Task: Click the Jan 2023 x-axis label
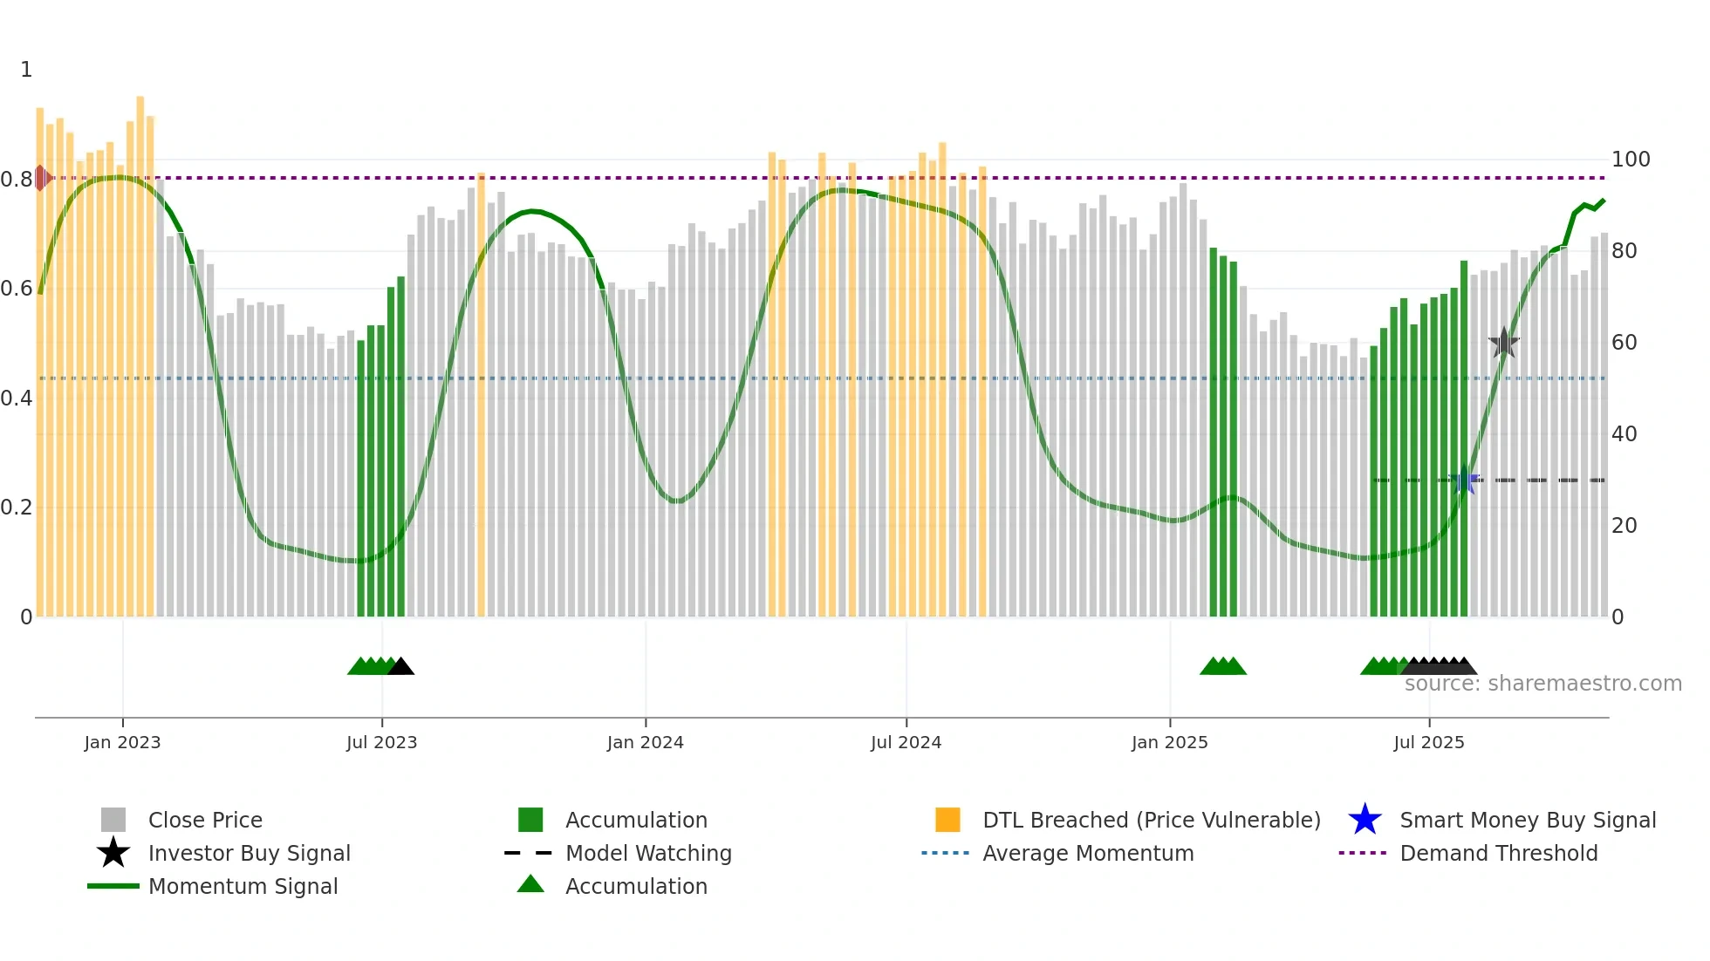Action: [122, 742]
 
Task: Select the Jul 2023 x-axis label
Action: [381, 742]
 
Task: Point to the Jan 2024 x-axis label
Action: [645, 742]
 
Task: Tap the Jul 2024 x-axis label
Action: [906, 742]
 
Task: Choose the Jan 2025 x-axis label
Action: [1169, 742]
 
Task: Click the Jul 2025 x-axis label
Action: [1428, 742]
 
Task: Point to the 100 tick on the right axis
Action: [1630, 160]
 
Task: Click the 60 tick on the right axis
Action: [1624, 343]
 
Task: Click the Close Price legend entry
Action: [205, 820]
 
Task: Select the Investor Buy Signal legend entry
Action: [249, 853]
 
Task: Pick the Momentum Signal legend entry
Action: [243, 886]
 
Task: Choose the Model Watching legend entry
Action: [648, 853]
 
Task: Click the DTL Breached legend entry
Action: [1151, 820]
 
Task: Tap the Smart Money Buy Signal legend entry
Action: [1527, 820]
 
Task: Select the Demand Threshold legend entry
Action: [1498, 853]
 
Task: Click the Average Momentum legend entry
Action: [1087, 853]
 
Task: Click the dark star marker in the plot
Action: [1503, 343]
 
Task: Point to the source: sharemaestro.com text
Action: [1542, 684]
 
